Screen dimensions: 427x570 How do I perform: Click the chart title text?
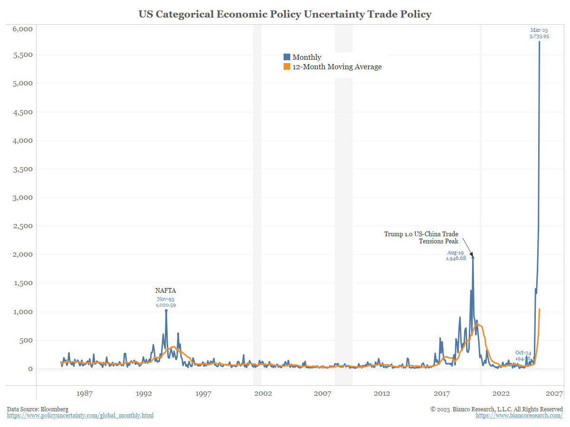285,14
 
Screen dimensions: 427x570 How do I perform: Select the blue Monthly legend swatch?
286,57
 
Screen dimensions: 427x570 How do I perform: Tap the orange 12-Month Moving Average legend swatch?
286,67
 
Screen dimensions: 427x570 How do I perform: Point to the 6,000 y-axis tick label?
22,29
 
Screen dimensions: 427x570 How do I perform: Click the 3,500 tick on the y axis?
22,169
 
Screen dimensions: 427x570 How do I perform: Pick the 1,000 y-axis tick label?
22,312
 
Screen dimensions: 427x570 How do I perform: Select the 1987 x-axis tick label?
84,393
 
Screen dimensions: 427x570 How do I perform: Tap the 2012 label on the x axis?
382,393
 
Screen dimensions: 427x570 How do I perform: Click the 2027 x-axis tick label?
554,393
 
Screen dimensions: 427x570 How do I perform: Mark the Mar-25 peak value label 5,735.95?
540,36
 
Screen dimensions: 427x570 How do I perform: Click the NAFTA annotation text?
166,290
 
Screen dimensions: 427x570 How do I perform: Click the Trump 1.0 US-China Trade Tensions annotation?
421,238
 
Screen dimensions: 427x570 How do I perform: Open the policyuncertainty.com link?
80,416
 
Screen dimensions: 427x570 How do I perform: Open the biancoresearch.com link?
519,416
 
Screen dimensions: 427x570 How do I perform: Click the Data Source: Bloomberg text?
38,409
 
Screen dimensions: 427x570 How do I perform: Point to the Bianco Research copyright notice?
496,409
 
